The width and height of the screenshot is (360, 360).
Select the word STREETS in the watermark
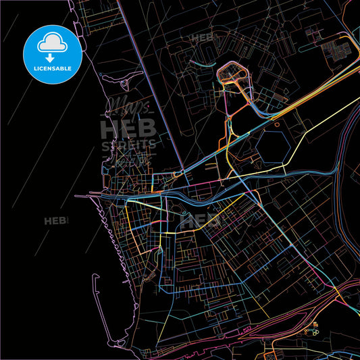[128, 144]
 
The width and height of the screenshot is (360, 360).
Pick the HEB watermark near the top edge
[201, 38]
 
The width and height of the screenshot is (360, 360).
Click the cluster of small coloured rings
[312, 332]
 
